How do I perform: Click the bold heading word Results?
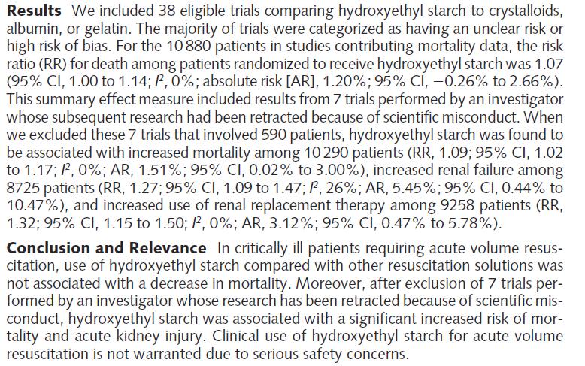coord(34,11)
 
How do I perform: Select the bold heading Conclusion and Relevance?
coord(106,248)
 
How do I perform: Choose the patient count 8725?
coord(23,188)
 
